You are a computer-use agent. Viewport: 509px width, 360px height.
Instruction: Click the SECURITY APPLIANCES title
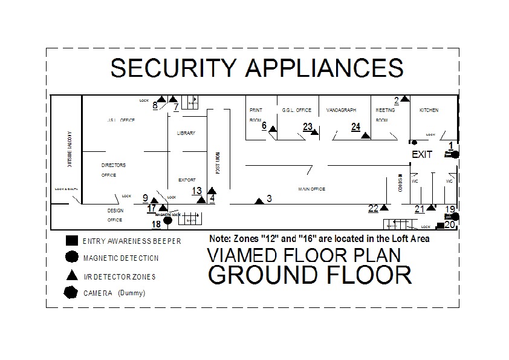coord(256,68)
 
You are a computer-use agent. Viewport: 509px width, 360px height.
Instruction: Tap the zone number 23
coord(308,126)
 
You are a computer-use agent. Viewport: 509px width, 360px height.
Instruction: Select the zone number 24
coord(355,126)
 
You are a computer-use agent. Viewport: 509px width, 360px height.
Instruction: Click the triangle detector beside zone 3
coord(259,200)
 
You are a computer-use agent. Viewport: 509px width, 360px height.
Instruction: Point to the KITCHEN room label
coord(429,110)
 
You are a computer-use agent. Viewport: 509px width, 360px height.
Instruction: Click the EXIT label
coord(422,154)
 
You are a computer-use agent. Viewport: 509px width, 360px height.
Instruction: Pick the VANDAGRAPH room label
coord(341,110)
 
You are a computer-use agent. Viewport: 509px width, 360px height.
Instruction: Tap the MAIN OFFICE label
coord(311,189)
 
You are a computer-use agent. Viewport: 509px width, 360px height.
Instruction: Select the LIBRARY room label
coord(186,133)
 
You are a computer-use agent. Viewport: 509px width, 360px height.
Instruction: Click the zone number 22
coord(373,208)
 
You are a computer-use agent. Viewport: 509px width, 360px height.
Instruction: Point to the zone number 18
coord(156,224)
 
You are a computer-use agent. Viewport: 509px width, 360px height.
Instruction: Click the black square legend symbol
coord(71,240)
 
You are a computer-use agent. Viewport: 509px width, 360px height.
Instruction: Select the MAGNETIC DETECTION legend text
coord(121,258)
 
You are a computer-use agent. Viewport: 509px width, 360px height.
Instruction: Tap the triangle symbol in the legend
coord(71,275)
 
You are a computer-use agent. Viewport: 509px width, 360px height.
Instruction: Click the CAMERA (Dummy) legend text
coord(114,293)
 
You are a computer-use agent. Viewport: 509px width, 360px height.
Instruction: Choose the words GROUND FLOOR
coord(310,274)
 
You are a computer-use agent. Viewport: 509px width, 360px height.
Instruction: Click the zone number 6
coord(264,126)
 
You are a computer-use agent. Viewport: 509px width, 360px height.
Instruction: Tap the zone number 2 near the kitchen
coord(397,100)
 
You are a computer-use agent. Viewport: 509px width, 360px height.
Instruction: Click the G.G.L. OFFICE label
coord(296,110)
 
